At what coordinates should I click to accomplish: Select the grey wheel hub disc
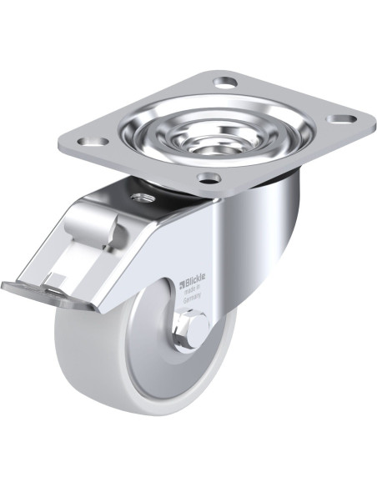coord(150,367)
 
